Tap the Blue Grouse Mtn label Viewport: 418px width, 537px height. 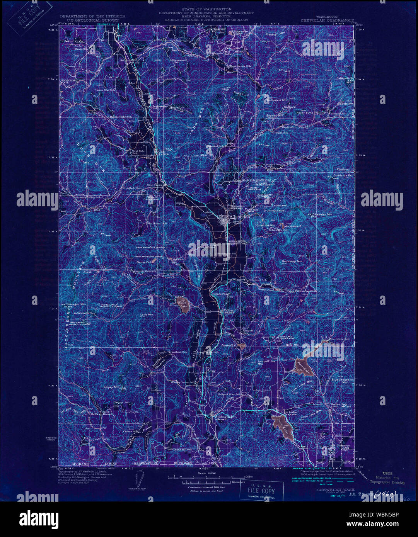point(340,381)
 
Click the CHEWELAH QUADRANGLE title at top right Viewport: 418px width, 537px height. point(328,20)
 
